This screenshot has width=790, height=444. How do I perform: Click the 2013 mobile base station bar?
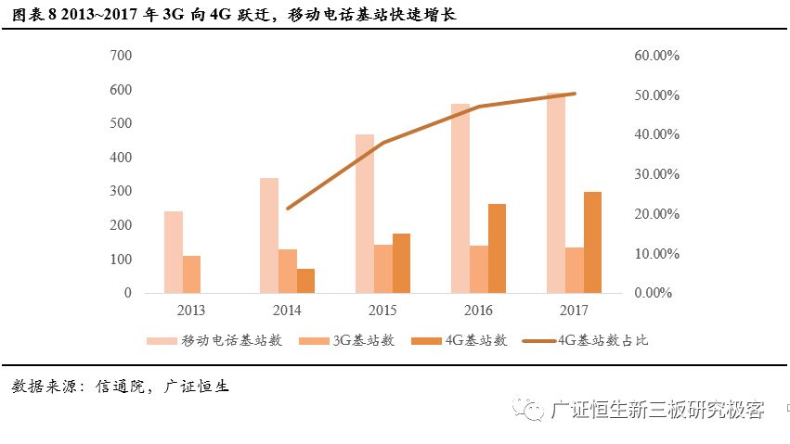[174, 252]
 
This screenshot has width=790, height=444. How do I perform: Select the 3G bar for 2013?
[191, 274]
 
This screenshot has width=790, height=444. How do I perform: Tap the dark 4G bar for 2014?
[305, 281]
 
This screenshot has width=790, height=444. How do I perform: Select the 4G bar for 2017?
[592, 242]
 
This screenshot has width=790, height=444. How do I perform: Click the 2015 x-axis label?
[383, 311]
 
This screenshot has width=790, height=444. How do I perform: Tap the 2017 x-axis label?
[575, 311]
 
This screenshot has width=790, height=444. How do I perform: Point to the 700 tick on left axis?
[122, 56]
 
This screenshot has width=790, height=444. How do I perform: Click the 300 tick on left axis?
[122, 191]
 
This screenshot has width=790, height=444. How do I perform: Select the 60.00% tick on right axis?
[657, 56]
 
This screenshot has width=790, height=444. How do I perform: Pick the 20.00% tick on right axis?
[657, 214]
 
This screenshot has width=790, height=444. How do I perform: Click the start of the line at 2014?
[288, 209]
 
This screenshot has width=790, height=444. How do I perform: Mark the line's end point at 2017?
[575, 94]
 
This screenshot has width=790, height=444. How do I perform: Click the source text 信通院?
[120, 387]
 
